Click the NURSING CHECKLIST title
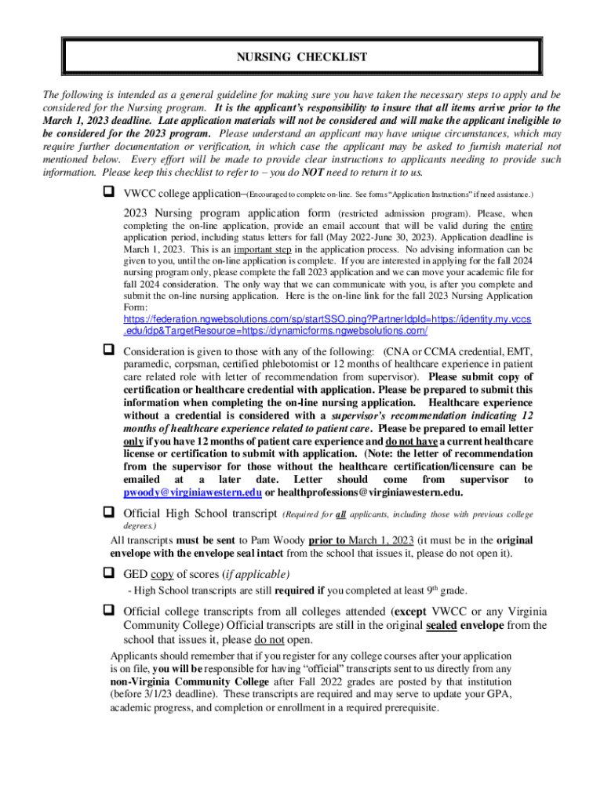pyautogui.click(x=302, y=57)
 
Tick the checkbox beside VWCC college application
pyautogui.click(x=109, y=192)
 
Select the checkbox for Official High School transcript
pyautogui.click(x=109, y=513)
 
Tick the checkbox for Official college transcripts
pyautogui.click(x=109, y=610)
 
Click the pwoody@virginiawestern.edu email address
pyautogui.click(x=192, y=492)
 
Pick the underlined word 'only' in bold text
pyautogui.click(x=133, y=442)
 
